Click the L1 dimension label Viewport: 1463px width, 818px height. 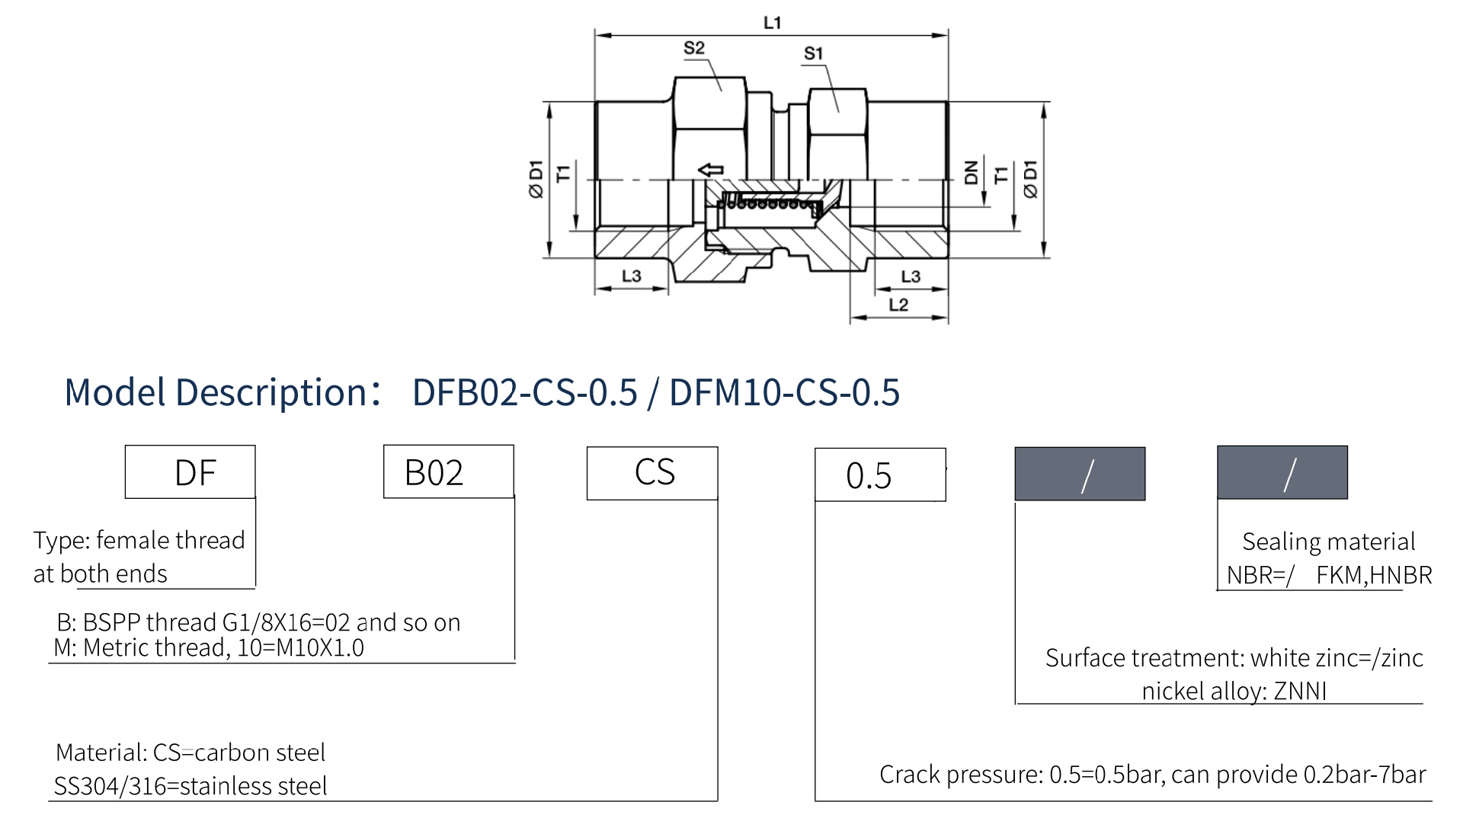tap(772, 23)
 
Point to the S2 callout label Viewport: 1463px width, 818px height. tap(694, 48)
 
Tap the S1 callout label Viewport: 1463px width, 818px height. tap(814, 53)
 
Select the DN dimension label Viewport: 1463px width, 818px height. tap(971, 173)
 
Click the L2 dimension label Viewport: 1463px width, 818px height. tap(898, 305)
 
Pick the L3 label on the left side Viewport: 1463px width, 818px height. tap(632, 276)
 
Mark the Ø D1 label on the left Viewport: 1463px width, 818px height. tap(536, 179)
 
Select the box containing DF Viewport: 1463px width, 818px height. tap(190, 472)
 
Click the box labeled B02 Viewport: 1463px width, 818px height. tap(449, 471)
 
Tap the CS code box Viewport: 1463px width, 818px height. tap(652, 473)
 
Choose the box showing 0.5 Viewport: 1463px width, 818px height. tap(880, 475)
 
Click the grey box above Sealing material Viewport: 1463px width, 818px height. tap(1282, 472)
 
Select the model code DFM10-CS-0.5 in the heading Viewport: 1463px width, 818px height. tap(785, 392)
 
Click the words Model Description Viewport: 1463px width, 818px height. tap(216, 392)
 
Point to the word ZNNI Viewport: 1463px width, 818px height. tap(1300, 691)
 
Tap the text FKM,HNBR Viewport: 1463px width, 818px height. tap(1374, 575)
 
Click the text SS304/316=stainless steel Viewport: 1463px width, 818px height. tap(190, 785)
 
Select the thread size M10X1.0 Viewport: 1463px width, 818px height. tap(321, 647)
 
